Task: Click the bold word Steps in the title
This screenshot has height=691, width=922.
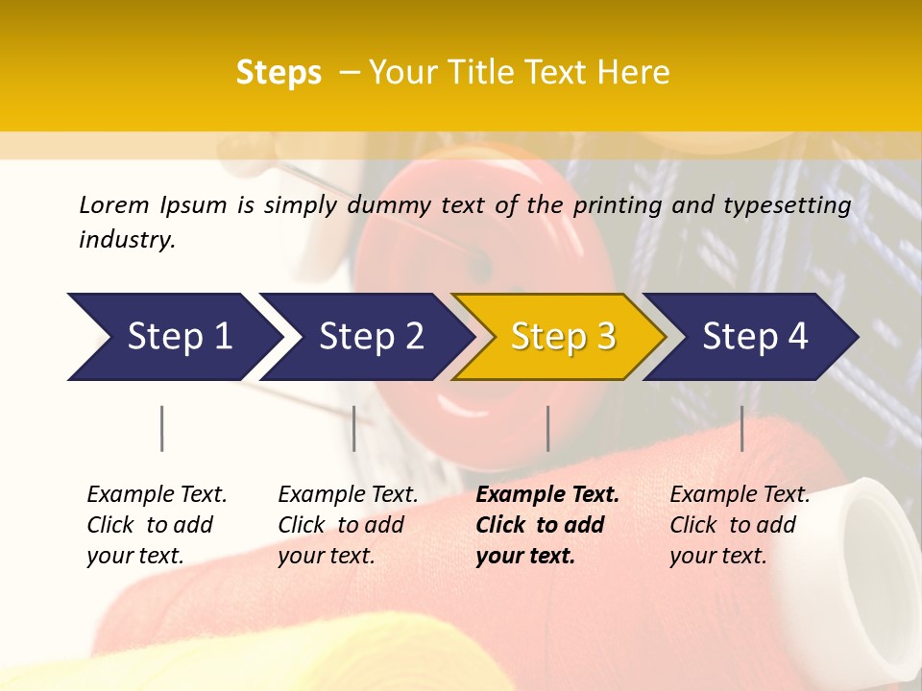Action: tap(279, 73)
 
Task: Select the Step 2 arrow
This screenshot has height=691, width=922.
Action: tap(371, 337)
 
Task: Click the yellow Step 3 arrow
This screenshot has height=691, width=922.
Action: tap(563, 337)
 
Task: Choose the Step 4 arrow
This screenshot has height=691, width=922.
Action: tap(755, 337)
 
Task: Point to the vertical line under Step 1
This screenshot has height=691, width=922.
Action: tap(162, 428)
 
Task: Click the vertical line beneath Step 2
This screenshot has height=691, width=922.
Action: tap(354, 428)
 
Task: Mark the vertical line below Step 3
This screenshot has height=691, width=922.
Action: tap(548, 428)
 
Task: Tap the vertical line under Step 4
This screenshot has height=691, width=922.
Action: tap(742, 428)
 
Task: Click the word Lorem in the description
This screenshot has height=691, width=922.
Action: tap(113, 205)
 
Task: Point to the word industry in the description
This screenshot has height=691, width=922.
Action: tap(126, 240)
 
